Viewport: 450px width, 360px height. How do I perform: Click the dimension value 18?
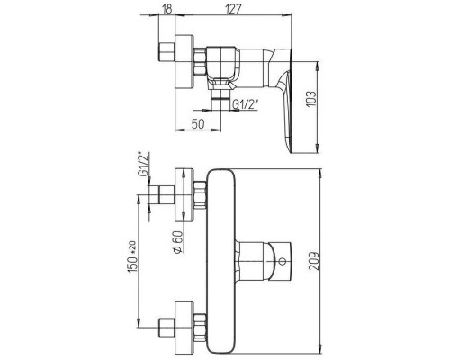coord(167,9)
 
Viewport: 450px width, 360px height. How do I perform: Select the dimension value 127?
coord(233,9)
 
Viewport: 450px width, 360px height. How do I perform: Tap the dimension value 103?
coord(311,98)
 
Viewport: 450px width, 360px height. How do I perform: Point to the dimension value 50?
coord(198,123)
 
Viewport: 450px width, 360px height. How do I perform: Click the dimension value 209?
coord(314,261)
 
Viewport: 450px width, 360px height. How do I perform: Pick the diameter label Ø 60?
coord(177,242)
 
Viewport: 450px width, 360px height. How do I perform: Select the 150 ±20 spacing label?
coord(133,257)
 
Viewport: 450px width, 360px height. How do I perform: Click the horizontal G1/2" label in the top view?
coord(246,104)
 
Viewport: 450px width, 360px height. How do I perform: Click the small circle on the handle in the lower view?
coord(282,261)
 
